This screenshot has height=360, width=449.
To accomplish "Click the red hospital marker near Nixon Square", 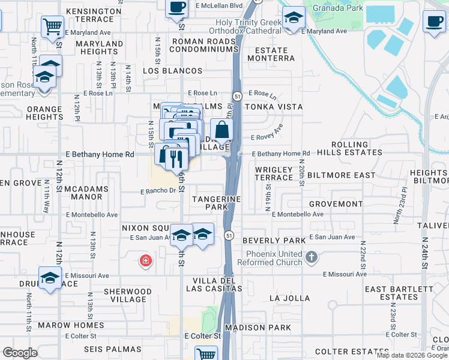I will (x=145, y=260).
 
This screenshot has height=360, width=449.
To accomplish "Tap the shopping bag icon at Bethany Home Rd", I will (x=221, y=128).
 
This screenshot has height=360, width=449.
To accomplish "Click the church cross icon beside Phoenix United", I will (x=311, y=257).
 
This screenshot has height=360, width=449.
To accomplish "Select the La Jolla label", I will (x=290, y=298).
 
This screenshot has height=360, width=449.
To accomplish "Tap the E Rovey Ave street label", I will (x=270, y=131).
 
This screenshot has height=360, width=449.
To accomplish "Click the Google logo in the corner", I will (x=20, y=353).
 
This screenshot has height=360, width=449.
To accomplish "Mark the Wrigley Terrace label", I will (x=274, y=174).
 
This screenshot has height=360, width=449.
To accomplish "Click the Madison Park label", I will (x=258, y=328).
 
